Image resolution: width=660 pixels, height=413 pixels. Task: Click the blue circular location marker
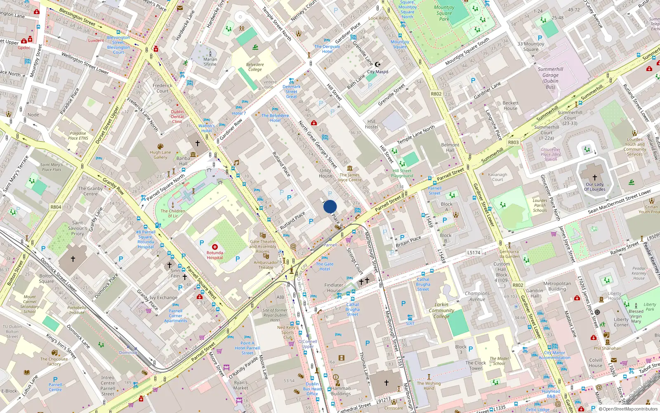(330, 206)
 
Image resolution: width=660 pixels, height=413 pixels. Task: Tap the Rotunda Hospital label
(214, 255)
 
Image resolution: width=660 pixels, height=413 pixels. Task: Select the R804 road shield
(56, 207)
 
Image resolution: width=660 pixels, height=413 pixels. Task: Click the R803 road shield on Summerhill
(513, 142)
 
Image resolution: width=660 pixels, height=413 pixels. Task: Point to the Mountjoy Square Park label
(444, 13)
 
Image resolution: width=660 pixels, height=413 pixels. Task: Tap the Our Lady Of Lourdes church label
(594, 187)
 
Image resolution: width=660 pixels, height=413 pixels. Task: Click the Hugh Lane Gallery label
(160, 154)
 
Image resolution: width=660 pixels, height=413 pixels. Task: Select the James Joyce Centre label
(349, 177)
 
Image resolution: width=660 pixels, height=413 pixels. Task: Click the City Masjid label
(377, 71)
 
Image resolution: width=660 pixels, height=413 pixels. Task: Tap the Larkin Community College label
(441, 310)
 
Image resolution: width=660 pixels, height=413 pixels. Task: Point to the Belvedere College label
(255, 67)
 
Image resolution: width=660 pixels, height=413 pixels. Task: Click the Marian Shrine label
(210, 62)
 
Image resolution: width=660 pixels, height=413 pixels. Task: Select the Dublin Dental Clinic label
(177, 116)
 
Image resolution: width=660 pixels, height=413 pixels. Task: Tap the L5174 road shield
(474, 252)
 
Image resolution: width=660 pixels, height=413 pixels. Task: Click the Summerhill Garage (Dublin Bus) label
(550, 78)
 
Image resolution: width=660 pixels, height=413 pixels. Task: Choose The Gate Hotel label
(325, 266)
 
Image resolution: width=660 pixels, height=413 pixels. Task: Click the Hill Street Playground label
(402, 173)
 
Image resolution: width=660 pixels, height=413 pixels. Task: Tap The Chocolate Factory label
(54, 361)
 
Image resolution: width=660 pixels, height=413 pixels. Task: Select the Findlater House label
(334, 287)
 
